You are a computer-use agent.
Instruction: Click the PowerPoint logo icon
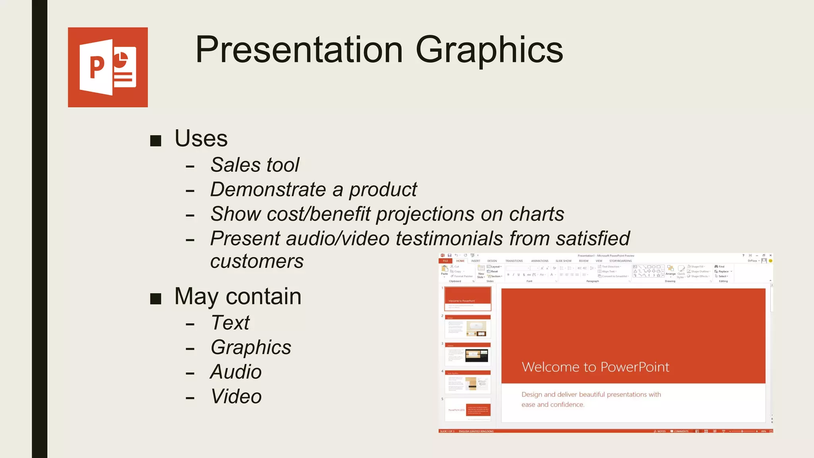coord(108,67)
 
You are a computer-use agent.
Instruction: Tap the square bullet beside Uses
coord(156,140)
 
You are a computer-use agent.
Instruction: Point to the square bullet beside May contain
coord(156,299)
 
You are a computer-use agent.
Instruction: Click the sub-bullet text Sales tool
coord(254,165)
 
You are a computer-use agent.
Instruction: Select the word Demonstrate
coord(268,190)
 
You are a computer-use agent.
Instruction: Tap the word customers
coord(257,262)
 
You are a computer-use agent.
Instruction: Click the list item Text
coord(230,323)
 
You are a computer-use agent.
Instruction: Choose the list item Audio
coord(236,372)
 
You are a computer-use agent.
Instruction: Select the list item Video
coord(236,397)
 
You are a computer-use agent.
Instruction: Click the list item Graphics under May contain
coord(251,347)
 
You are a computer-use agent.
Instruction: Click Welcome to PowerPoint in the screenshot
coord(595,367)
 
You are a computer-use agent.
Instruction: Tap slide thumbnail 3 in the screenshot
coord(468,354)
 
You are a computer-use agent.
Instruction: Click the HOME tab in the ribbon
coord(460,261)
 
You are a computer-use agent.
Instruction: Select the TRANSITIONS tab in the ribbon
coord(514,261)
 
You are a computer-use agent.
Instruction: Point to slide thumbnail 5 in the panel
coord(468,409)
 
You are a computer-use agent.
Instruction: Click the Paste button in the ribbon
coord(444,271)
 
